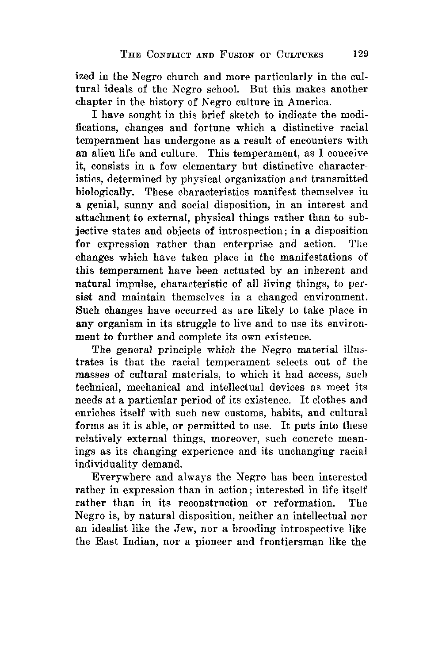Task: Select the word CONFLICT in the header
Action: tap(165, 55)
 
